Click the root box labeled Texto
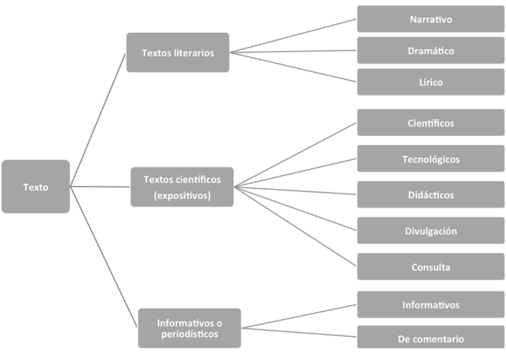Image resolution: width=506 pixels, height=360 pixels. coord(36,186)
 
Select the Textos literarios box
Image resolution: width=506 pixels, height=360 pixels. coord(178,52)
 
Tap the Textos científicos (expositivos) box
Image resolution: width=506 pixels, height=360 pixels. coord(182,186)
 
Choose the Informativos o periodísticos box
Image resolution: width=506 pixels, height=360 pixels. coord(189,328)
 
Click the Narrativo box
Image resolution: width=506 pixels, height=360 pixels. coord(431,19)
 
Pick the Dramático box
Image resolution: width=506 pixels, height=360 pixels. coord(431,51)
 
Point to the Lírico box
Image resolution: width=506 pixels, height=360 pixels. coord(431,82)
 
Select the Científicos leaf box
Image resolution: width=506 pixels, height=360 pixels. coord(431,123)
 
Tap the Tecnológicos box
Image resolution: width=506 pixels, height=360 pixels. coord(431,159)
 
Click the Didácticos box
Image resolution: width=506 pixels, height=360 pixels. coord(431,195)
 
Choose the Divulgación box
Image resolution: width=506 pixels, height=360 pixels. coord(431,231)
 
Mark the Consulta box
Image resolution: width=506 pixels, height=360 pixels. coord(431,267)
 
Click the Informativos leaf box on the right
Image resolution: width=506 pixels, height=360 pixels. coord(431,305)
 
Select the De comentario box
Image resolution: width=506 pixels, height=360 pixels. coord(431,339)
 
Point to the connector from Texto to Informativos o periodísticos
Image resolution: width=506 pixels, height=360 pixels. coord(104,254)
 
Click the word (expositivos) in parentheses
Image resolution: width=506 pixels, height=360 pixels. coord(182,195)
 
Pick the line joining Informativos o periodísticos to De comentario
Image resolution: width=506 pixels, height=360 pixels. coord(299,333)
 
